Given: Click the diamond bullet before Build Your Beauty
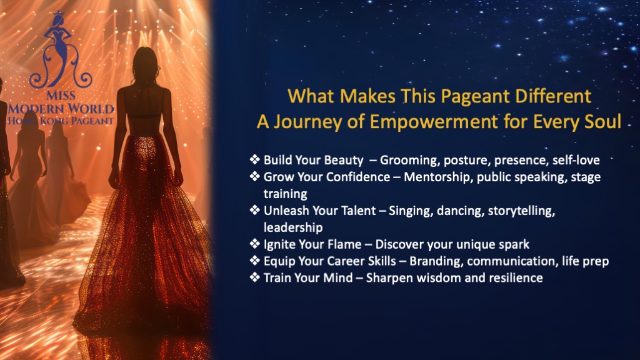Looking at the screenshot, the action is (x=255, y=159).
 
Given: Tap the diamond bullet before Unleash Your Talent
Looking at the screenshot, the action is (x=255, y=210).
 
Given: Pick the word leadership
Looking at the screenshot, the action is (x=293, y=227).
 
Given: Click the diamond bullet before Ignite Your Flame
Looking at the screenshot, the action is (x=255, y=244).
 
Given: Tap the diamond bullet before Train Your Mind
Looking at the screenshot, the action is (x=255, y=277).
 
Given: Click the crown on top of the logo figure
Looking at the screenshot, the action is (x=59, y=13).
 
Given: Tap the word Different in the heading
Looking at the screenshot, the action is (x=553, y=97).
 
